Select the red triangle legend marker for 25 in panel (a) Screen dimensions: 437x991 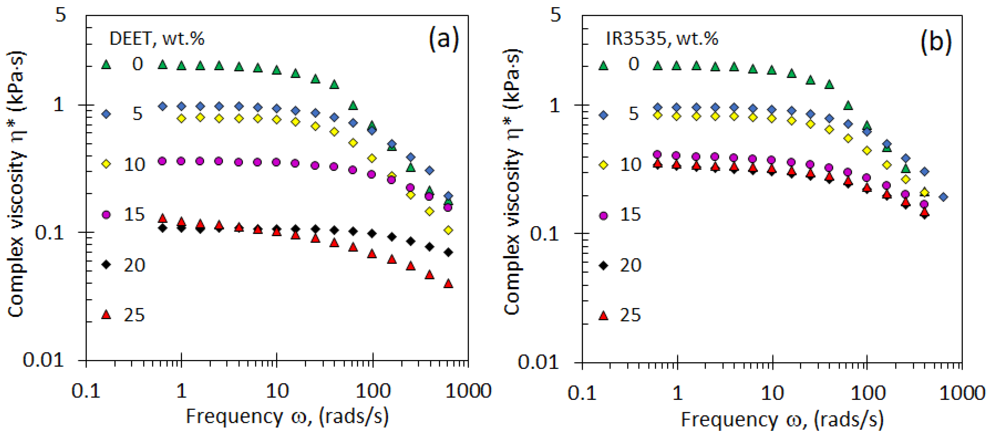(x=106, y=315)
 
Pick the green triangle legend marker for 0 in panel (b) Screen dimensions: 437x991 (x=604, y=65)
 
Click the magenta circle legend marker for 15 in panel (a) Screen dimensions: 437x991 (x=106, y=214)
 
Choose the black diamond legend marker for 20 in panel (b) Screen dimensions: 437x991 (x=604, y=265)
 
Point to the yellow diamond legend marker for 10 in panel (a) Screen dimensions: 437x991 (x=106, y=164)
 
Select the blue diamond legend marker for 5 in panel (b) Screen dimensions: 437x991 (x=604, y=115)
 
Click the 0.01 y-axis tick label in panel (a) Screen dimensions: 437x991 (x=43, y=360)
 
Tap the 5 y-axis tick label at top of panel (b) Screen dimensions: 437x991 (x=556, y=15)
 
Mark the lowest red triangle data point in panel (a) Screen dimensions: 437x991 (x=448, y=284)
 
